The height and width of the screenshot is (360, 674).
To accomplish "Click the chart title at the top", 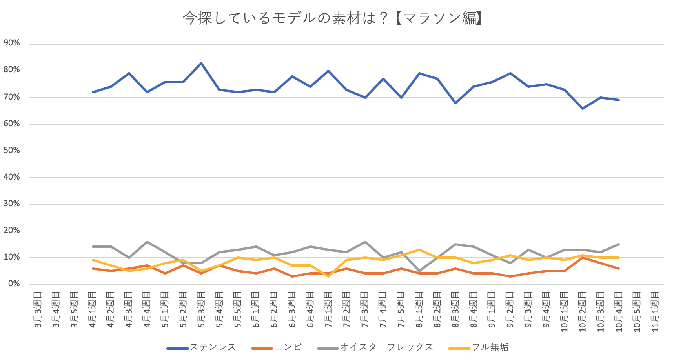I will coord(332,18).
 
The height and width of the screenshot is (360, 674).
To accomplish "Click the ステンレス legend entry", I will coord(213,347).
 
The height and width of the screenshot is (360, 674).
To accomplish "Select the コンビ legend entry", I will coord(288,347).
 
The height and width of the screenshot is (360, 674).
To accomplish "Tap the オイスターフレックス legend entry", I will coord(386,347).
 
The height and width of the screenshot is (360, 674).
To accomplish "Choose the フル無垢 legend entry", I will coord(490,347).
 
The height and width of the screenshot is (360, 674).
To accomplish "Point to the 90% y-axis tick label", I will coord(12,43).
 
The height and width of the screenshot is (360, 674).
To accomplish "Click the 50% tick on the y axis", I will coord(12,151).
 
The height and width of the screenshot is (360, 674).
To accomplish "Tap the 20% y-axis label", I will coord(12,231).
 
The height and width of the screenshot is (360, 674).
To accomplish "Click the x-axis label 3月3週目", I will coord(38,310).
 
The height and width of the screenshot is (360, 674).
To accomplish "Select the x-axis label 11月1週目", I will coord(655,312).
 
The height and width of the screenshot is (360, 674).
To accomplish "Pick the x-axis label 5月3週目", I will coord(201,310).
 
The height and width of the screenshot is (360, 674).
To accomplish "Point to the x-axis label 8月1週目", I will coord(419,310).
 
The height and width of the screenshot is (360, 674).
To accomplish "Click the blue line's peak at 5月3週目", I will coord(201,63).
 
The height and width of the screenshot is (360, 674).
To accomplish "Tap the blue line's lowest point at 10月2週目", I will coord(583,108).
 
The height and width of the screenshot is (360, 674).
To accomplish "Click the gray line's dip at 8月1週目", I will coord(419,271).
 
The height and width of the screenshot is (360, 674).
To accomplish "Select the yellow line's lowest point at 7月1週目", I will coord(328,276).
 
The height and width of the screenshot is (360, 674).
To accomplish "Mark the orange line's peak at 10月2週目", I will coord(583,258).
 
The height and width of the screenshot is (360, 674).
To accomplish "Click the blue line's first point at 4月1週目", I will coord(93,92).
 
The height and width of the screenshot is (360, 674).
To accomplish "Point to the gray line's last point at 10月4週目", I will coord(619,244).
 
